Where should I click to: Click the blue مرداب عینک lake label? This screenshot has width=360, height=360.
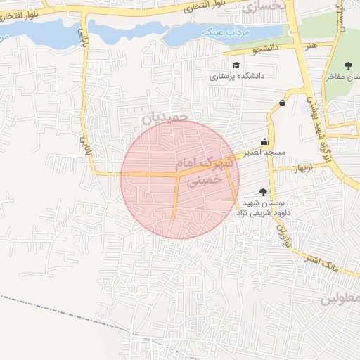[x=224, y=33]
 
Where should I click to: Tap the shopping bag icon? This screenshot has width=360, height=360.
[x=282, y=103]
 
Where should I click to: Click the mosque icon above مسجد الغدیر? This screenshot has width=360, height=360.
[x=264, y=141]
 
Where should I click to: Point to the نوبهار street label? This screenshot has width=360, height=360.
[x=303, y=167]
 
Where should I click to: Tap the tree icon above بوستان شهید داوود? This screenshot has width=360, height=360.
[x=263, y=191]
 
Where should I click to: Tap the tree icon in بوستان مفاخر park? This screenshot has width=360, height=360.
[x=348, y=65]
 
